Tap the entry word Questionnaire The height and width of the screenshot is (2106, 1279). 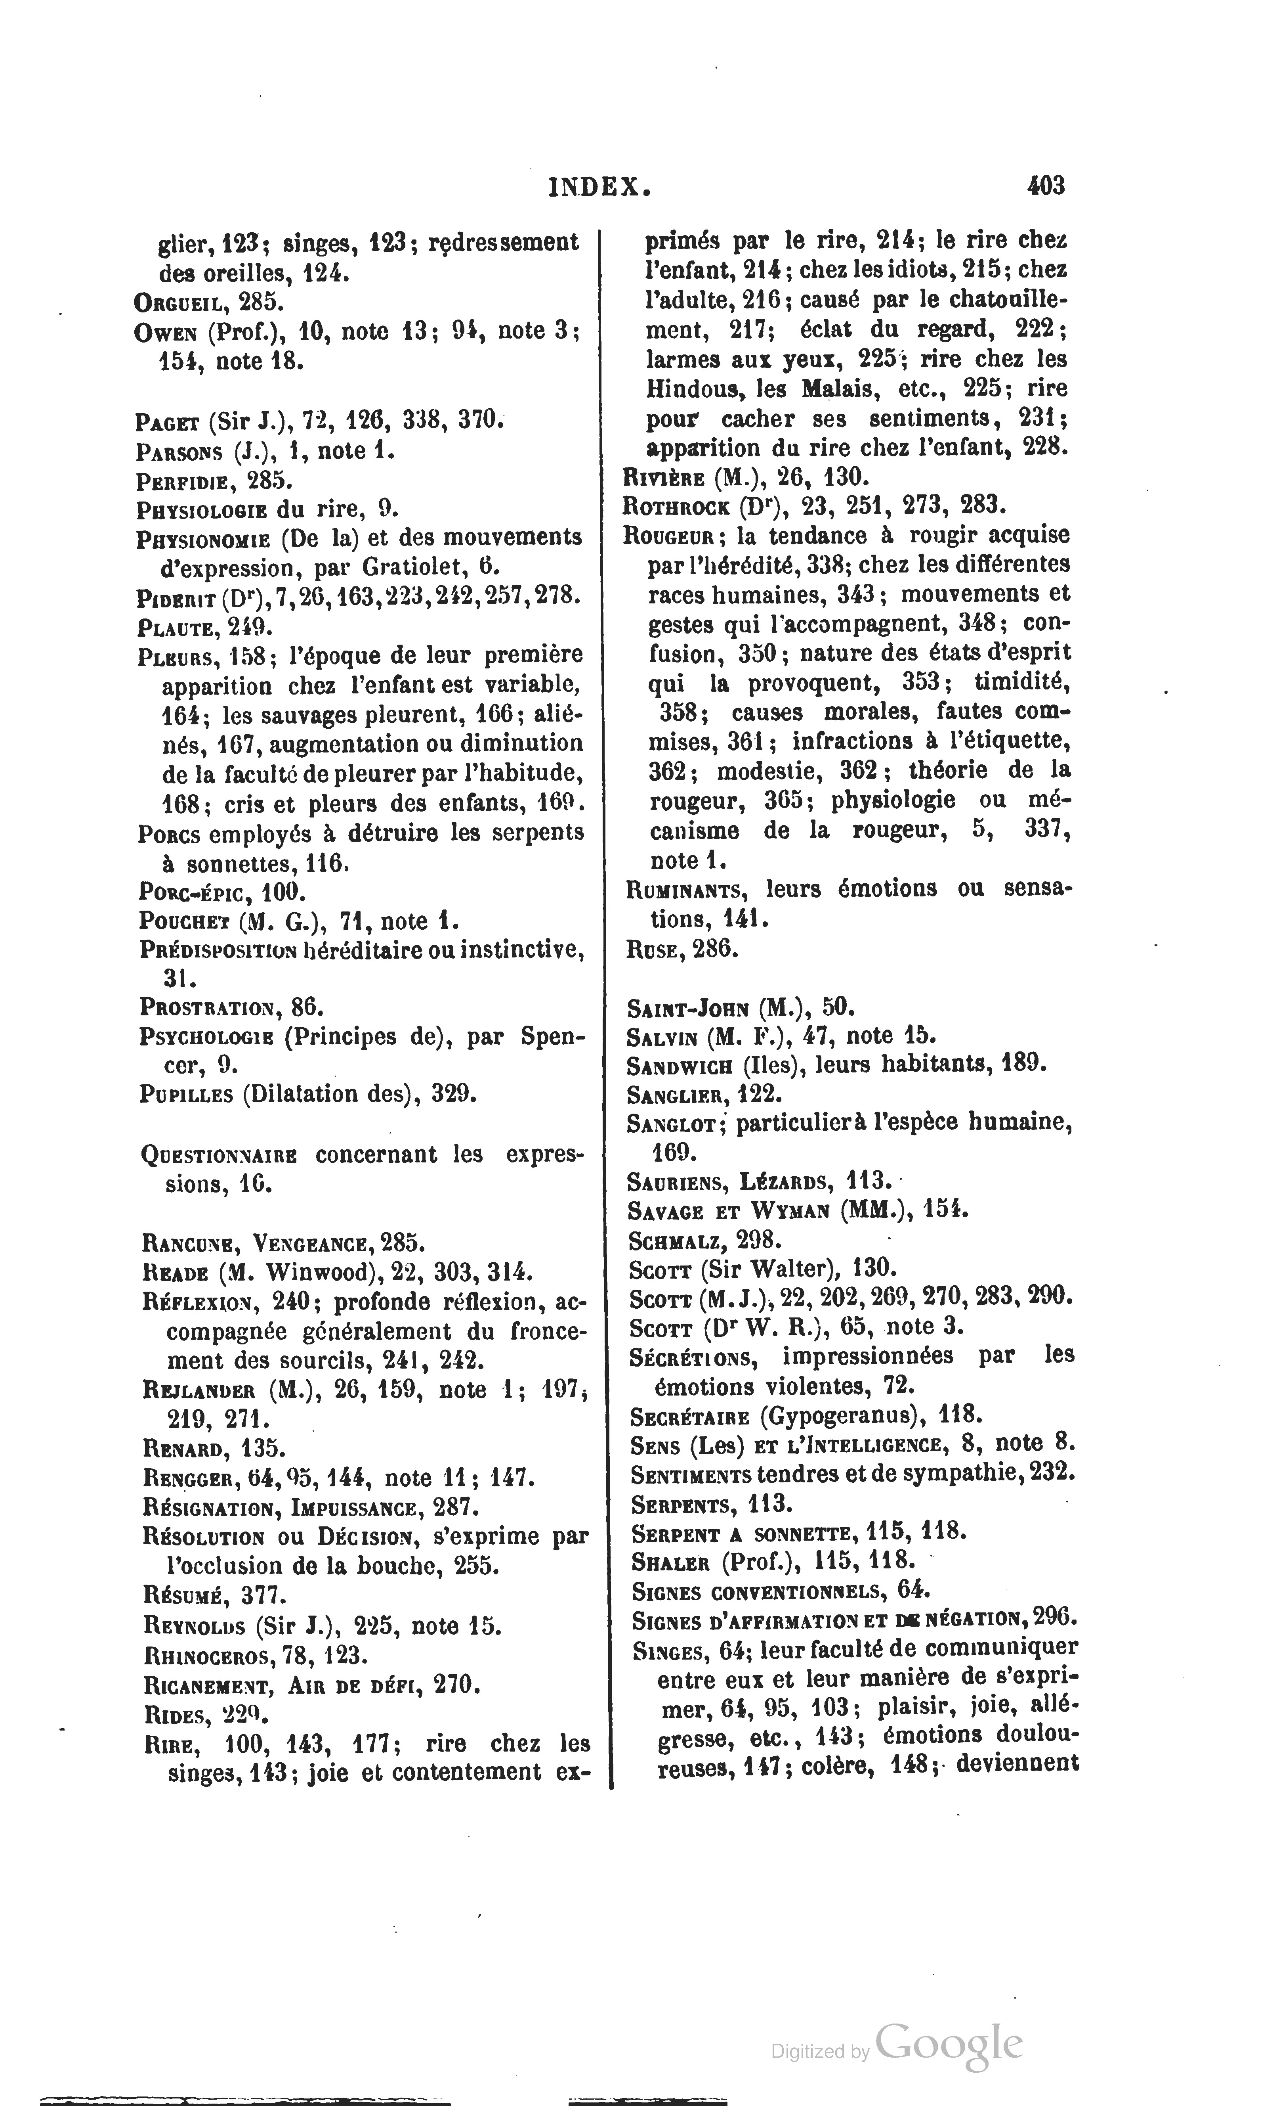click(x=220, y=1156)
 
